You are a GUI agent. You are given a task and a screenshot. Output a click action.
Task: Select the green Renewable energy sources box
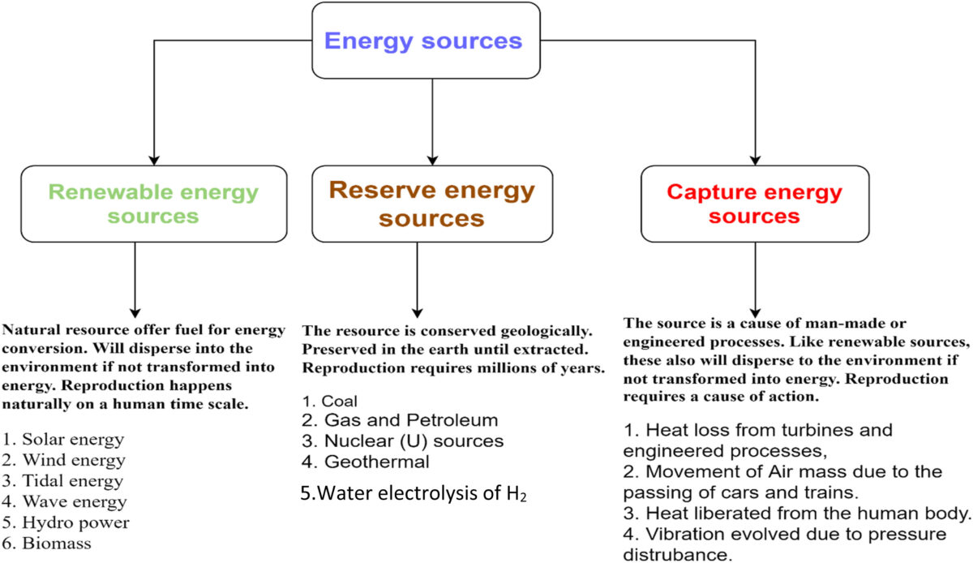click(153, 204)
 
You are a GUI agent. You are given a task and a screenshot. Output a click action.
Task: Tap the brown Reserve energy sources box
click(431, 204)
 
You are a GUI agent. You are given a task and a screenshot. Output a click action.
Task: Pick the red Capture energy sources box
click(754, 204)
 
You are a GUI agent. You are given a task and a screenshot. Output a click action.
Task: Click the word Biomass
click(58, 544)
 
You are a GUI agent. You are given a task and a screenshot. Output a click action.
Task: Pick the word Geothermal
click(376, 462)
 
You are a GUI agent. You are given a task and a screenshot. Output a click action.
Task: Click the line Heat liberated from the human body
click(798, 514)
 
